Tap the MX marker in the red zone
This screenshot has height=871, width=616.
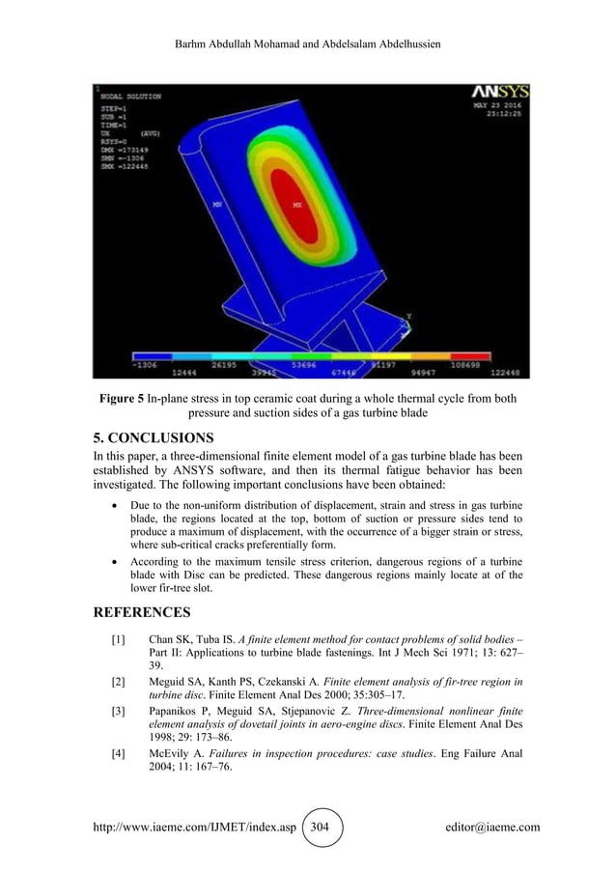[x=297, y=206]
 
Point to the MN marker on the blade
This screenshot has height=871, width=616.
[x=217, y=204]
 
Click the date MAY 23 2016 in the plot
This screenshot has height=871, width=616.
[x=497, y=105]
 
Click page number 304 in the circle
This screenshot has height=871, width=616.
[x=322, y=828]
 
